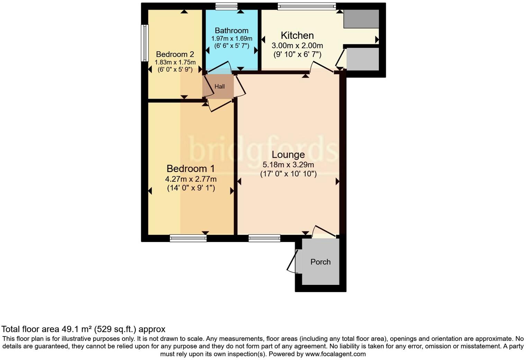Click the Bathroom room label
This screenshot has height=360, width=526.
click(x=232, y=30)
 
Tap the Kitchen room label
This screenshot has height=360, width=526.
click(x=297, y=35)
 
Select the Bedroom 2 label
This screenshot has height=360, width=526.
click(x=175, y=54)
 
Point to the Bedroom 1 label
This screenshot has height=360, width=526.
click(x=191, y=169)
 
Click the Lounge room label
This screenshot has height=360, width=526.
click(x=288, y=155)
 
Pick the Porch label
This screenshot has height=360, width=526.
click(x=320, y=262)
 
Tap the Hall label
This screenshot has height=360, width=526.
click(x=219, y=87)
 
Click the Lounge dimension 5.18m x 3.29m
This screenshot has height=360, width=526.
click(x=288, y=165)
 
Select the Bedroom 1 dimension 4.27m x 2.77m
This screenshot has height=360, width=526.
click(x=191, y=179)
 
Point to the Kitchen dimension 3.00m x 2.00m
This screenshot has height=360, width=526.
click(x=297, y=45)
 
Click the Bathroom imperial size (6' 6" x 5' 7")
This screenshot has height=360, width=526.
click(x=232, y=45)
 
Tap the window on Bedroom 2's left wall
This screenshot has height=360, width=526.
click(x=145, y=43)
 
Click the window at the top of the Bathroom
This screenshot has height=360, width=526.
click(x=226, y=6)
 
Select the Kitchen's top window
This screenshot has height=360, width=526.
click(x=307, y=6)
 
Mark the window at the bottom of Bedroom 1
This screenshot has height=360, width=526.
click(x=188, y=238)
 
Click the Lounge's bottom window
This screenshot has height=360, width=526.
click(x=264, y=238)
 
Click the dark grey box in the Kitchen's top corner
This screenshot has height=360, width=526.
click(x=361, y=19)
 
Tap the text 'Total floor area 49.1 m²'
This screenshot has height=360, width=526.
click(x=47, y=329)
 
